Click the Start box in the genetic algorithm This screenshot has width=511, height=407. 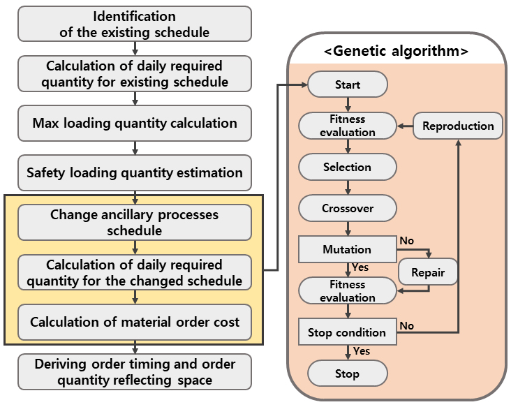348,84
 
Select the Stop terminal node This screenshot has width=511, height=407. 348,373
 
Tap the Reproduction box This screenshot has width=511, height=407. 458,126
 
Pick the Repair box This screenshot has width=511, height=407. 428,272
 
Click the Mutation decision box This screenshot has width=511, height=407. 348,249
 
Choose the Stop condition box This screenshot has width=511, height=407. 348,332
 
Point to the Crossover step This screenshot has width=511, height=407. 348,208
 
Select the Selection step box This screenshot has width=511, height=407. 348,167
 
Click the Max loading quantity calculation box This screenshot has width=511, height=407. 135,123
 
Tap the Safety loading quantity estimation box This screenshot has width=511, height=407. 135,172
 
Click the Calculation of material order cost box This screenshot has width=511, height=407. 135,322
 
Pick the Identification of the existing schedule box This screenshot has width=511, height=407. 135,24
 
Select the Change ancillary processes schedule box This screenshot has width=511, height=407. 135,223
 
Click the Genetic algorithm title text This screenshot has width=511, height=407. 397,51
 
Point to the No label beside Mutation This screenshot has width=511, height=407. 407,240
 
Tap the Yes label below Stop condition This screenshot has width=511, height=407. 362,351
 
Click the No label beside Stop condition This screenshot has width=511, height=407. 407,325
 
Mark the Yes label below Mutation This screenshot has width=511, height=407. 360,267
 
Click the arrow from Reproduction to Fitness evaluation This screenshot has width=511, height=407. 405,126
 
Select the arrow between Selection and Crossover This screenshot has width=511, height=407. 348,187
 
